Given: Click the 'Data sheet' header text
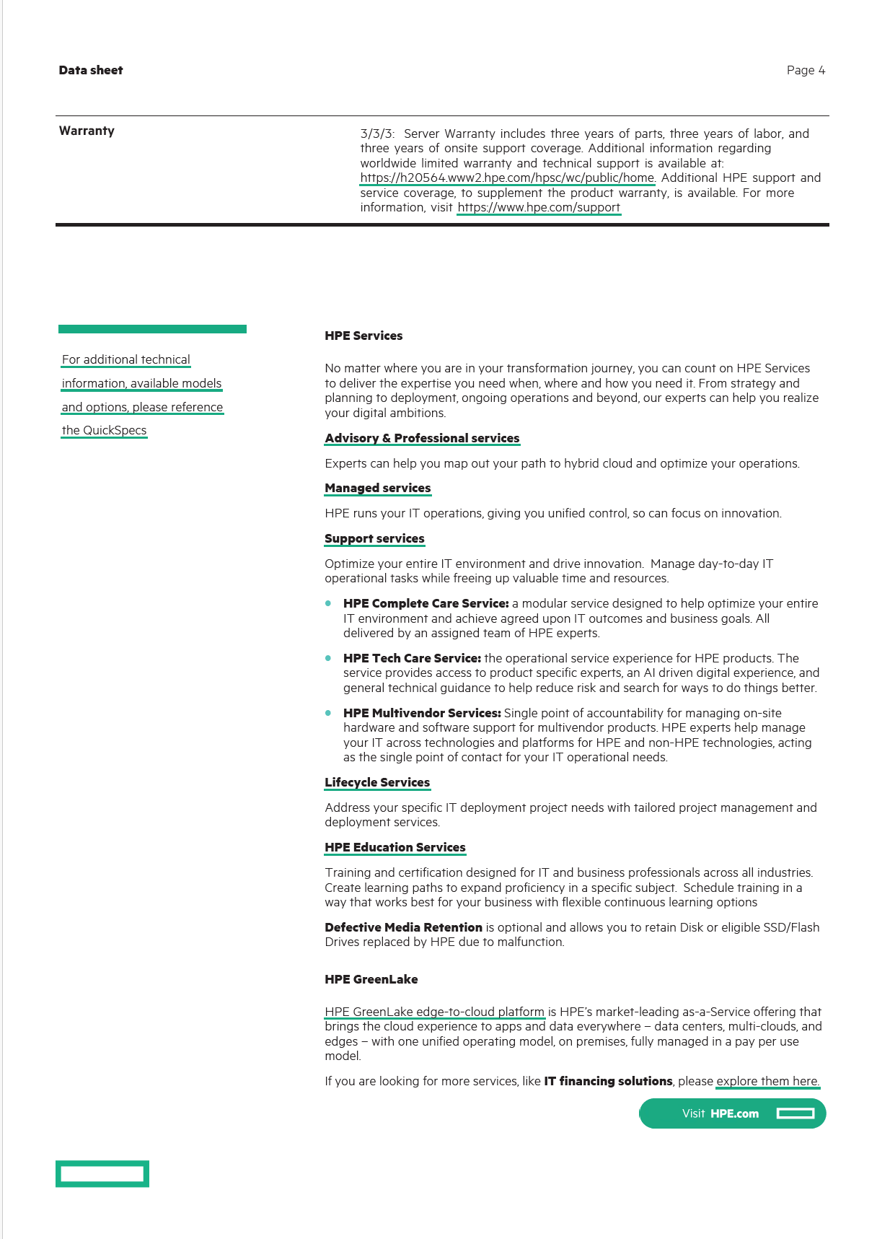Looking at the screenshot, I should (x=91, y=70).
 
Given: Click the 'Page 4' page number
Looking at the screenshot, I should (x=806, y=70).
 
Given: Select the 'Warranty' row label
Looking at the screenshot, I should (x=87, y=131).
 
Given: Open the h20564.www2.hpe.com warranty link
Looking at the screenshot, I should (x=507, y=178).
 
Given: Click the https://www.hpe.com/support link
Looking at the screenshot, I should (x=539, y=207).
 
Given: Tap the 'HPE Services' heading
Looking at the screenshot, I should (x=363, y=336).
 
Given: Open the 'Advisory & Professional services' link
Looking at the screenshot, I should (x=422, y=438).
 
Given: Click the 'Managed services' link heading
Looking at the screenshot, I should (x=377, y=488).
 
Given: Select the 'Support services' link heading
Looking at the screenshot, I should (x=374, y=538).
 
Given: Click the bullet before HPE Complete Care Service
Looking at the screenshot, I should (x=328, y=603).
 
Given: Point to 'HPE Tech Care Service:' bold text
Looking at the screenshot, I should (x=412, y=658).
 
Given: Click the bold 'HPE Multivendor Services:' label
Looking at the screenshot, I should (x=422, y=713).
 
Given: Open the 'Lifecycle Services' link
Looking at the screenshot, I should (x=377, y=782).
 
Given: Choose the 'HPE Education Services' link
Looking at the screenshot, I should (x=395, y=847).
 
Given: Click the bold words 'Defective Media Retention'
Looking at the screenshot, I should (x=403, y=927).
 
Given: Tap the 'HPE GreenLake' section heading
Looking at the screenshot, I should (x=371, y=979).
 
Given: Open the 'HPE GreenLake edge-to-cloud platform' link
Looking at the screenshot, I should (x=434, y=1012).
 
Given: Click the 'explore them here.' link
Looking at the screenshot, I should (x=767, y=1081).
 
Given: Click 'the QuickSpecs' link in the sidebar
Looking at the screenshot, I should (x=104, y=430).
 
